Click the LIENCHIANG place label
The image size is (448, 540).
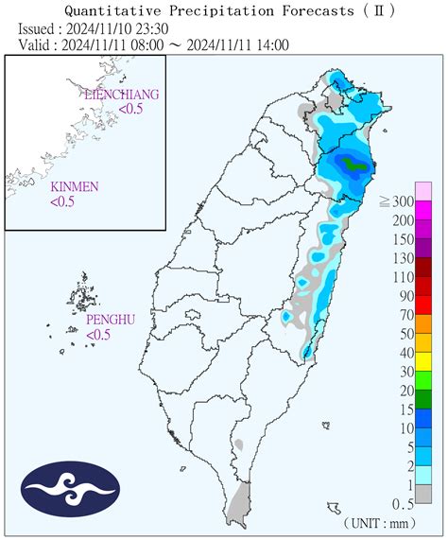121,96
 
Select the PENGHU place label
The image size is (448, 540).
110,320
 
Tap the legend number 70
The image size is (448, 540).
407,315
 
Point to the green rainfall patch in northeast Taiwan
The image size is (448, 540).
355,165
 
